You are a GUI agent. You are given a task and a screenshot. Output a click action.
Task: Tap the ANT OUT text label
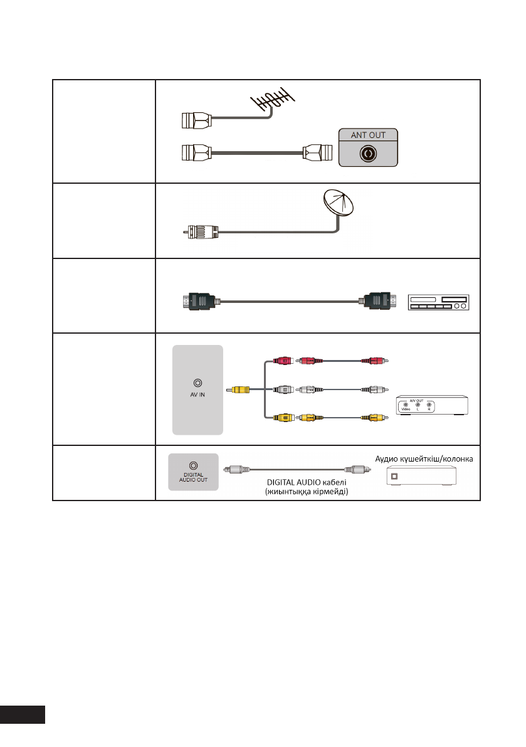369,134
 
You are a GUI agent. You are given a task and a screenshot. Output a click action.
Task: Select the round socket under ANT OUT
369,154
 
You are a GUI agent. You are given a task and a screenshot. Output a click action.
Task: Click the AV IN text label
197,396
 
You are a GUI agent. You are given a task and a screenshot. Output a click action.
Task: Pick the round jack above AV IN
197,382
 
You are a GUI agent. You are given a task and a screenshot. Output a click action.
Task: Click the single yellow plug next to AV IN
241,389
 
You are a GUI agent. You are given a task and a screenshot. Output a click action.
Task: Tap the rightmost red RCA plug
377,361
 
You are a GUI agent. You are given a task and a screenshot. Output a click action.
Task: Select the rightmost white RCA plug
377,389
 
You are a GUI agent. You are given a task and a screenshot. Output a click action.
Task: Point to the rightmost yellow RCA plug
377,416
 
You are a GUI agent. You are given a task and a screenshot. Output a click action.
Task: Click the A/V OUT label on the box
417,399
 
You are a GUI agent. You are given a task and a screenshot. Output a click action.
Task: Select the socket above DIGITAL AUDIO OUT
193,466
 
